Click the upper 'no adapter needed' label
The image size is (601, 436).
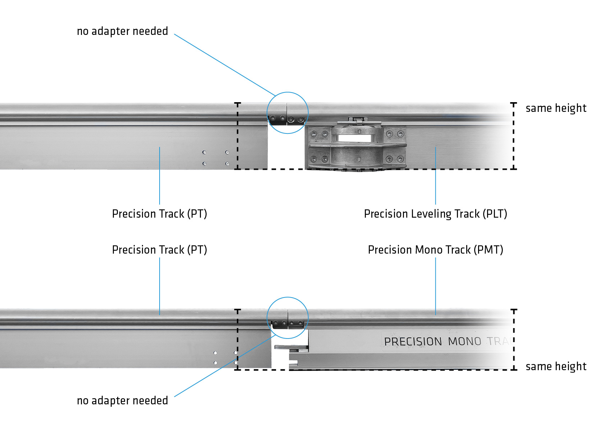click(122, 31)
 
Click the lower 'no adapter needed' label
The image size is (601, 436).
click(122, 400)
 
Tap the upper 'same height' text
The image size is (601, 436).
click(556, 108)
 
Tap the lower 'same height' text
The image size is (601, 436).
click(556, 366)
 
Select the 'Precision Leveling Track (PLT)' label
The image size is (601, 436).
click(435, 214)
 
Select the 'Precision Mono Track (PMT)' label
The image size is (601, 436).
click(435, 250)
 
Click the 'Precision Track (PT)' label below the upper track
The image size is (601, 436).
click(159, 214)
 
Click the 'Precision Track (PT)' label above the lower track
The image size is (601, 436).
click(159, 250)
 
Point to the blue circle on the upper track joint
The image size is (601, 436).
click(288, 93)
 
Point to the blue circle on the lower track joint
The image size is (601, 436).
click(288, 298)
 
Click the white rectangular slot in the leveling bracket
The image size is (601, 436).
click(354, 138)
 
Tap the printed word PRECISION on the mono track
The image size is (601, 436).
click(413, 341)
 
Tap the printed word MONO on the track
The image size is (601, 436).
click(464, 341)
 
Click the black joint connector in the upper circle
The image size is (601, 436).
click(287, 119)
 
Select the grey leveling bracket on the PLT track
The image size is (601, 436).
click(356, 147)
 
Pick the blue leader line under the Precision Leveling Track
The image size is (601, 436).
click(435, 176)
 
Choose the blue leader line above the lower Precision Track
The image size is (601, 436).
click(159, 286)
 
